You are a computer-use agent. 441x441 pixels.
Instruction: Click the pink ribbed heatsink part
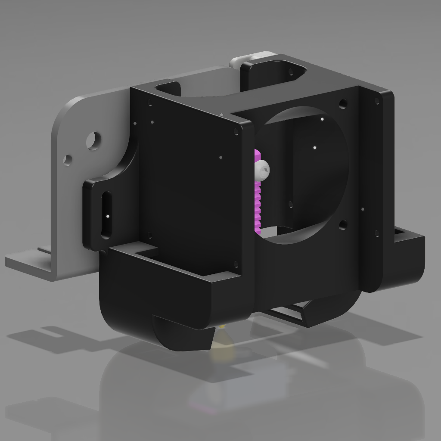pyautogui.click(x=258, y=202)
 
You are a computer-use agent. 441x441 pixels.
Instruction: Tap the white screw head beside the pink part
pyautogui.click(x=263, y=170)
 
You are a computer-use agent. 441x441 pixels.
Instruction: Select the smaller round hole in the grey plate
pyautogui.click(x=67, y=160)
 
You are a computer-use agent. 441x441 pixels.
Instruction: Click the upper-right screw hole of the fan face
pyautogui.click(x=343, y=104)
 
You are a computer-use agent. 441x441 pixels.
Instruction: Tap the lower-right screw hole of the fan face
pyautogui.click(x=342, y=225)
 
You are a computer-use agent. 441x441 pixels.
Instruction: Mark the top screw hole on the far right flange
pyautogui.click(x=377, y=101)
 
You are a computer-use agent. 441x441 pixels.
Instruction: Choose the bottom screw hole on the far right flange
pyautogui.click(x=377, y=233)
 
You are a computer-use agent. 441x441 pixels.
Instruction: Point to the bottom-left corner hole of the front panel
pyautogui.click(x=150, y=235)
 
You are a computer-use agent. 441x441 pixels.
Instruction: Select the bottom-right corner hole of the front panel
pyautogui.click(x=236, y=264)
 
